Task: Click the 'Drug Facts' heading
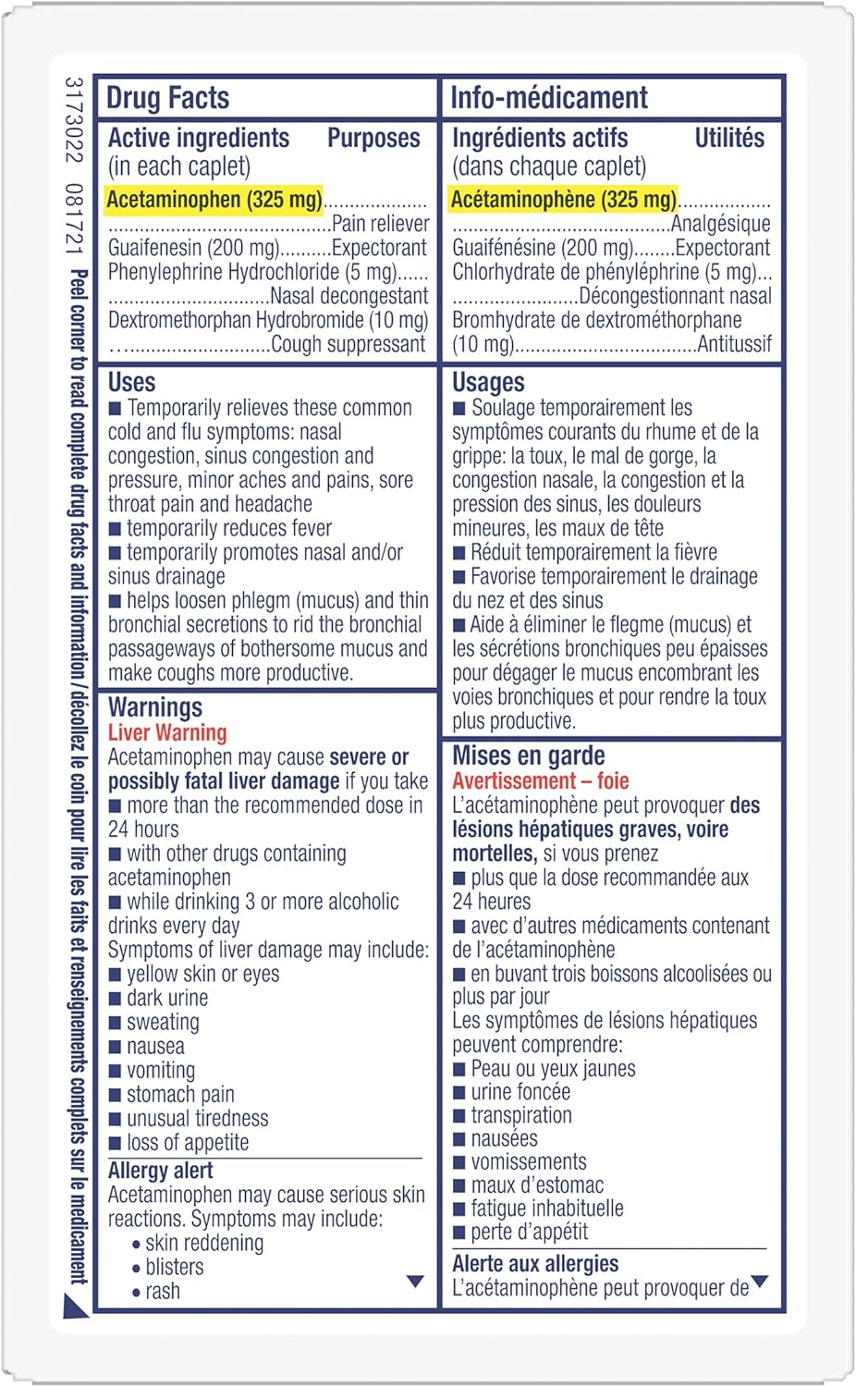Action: point(167,98)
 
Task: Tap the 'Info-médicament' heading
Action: point(549,98)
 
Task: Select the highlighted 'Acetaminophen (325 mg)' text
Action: point(214,199)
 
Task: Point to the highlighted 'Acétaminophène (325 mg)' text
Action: point(563,199)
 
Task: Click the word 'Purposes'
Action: point(373,139)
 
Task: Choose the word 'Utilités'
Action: point(729,139)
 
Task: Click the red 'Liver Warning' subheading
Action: point(167,733)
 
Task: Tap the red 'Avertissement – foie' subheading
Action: point(540,781)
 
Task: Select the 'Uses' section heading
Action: point(131,383)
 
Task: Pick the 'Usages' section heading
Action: point(488,383)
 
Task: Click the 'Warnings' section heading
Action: point(155,708)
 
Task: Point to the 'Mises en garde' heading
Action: point(528,756)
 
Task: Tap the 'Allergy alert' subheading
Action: point(160,1171)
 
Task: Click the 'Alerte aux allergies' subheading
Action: point(535,1264)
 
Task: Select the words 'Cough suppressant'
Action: point(349,345)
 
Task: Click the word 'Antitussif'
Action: point(734,345)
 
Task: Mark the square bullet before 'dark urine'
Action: point(115,999)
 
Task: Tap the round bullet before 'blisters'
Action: point(136,1269)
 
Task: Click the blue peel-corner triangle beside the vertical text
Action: point(75,1305)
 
